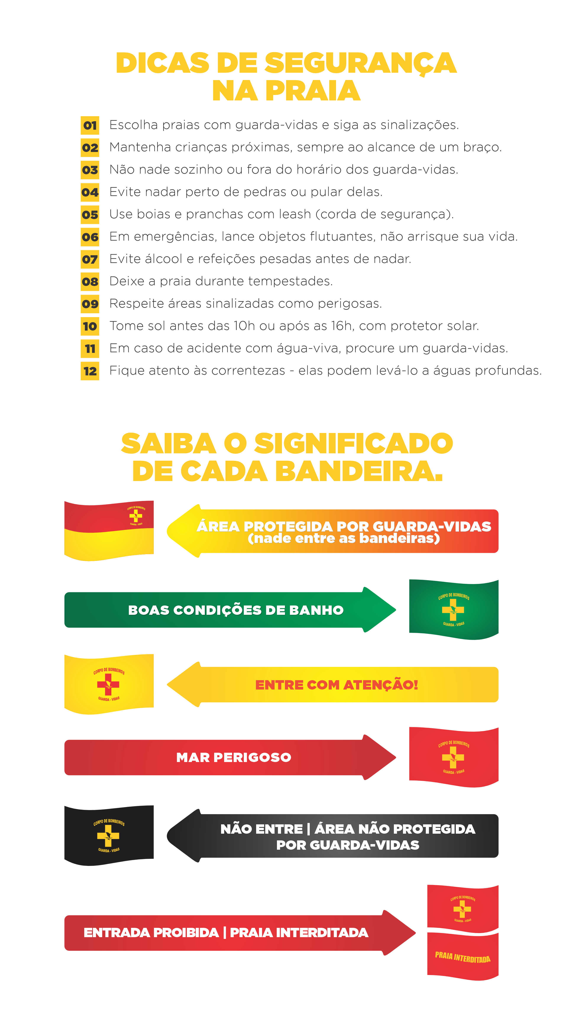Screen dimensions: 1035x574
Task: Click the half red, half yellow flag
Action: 109,530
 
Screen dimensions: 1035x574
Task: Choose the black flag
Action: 109,835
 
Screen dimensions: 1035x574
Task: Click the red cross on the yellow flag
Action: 108,684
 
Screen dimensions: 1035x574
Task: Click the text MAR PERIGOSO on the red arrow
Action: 234,757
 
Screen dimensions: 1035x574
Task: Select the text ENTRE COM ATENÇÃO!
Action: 336,685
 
